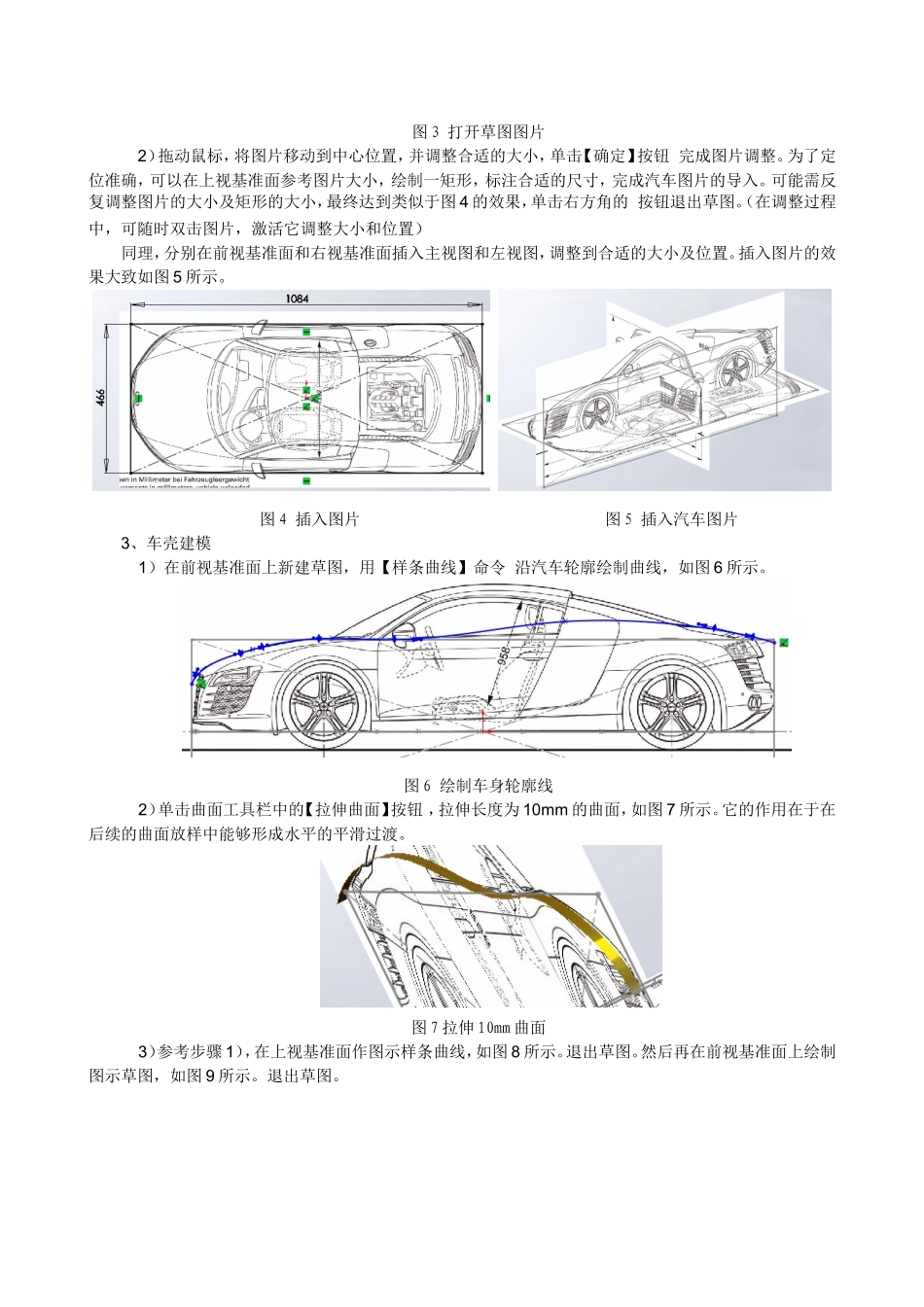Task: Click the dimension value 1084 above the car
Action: click(x=298, y=300)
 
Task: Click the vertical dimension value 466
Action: click(x=101, y=397)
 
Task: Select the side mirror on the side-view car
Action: click(x=402, y=632)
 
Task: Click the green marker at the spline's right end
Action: click(x=783, y=642)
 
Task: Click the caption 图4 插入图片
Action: click(x=309, y=519)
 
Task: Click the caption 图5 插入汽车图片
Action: click(x=671, y=519)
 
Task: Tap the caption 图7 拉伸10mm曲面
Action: click(x=479, y=1027)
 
